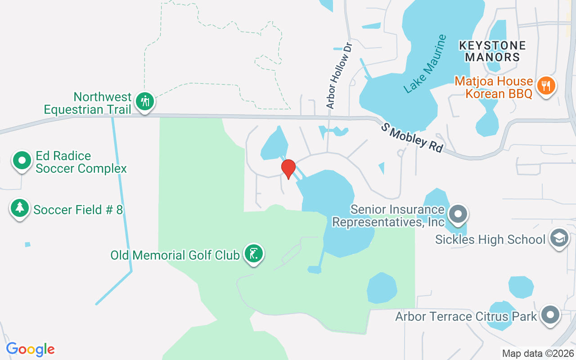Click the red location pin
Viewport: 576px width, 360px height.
[x=288, y=168]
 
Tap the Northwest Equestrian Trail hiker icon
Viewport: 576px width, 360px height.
[x=144, y=101]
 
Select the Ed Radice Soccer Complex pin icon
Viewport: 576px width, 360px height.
[x=22, y=160]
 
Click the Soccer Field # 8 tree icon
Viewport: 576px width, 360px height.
[x=19, y=207]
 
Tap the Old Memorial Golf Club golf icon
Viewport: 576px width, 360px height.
[x=253, y=254]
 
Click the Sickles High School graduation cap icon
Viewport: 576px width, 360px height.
[x=558, y=238]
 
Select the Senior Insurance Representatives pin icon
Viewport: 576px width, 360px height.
[x=458, y=214]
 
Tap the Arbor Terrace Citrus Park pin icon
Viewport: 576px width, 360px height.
[x=550, y=315]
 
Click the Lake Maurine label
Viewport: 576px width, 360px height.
[x=425, y=64]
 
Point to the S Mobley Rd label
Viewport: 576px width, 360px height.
[x=412, y=137]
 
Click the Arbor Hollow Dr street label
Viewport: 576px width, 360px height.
[x=339, y=76]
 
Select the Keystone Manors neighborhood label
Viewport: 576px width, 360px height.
[x=492, y=51]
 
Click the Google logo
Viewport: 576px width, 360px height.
[x=30, y=349]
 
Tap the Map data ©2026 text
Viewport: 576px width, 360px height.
[x=538, y=353]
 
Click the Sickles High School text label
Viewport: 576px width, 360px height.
[x=490, y=239]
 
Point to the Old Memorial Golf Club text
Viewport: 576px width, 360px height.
[x=175, y=255]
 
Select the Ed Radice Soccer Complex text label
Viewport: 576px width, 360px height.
[x=81, y=162]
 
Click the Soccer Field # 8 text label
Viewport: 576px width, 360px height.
[x=78, y=210]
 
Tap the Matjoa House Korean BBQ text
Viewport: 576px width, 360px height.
[x=494, y=87]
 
